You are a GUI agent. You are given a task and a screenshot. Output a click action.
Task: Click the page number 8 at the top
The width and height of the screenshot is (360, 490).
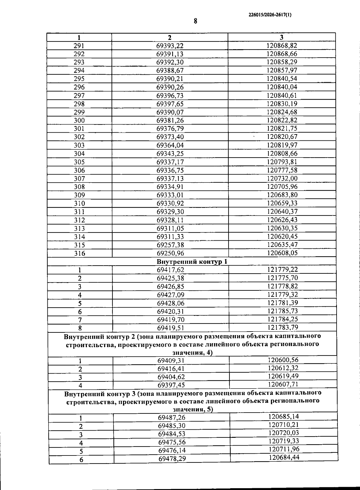click(195, 21)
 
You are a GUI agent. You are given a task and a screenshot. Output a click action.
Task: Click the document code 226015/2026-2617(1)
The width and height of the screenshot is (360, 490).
click(270, 14)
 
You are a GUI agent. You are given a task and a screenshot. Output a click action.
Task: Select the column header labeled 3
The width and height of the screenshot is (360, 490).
click(281, 37)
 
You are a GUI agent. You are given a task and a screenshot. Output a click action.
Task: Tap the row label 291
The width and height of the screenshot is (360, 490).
click(79, 46)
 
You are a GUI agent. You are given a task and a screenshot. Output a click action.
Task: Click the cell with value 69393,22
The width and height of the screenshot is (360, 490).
click(169, 46)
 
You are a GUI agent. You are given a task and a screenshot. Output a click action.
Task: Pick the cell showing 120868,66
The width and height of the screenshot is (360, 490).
click(282, 54)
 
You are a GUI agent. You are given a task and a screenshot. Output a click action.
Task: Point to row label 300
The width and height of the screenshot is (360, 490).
click(79, 121)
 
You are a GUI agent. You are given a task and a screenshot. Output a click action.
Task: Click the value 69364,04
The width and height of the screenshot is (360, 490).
click(170, 146)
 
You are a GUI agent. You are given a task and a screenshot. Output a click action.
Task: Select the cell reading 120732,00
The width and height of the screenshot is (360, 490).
click(282, 178)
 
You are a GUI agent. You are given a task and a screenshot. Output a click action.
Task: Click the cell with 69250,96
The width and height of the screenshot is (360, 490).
click(170, 253)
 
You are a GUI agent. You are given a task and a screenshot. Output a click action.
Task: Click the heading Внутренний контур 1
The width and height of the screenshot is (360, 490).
click(192, 262)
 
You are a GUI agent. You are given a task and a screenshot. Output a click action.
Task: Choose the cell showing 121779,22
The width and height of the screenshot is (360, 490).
click(282, 269)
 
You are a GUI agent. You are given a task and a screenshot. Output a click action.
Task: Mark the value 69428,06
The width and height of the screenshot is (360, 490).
click(170, 303)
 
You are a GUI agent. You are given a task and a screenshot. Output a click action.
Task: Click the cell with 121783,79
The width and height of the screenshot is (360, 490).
click(283, 327)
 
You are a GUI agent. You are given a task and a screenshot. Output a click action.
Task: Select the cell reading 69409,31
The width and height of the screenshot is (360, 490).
click(171, 361)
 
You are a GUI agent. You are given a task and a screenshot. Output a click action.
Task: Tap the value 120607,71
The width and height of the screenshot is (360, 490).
click(283, 384)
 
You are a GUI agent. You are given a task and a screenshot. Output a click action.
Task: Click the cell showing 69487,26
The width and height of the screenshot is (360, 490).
click(171, 418)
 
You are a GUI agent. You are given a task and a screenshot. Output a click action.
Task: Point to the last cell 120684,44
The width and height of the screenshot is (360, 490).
click(284, 457)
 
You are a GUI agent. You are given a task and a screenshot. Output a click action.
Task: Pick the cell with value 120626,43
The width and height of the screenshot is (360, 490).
click(282, 220)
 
